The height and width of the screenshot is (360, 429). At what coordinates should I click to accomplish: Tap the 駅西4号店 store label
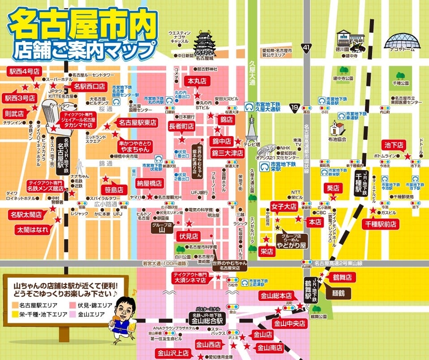coord(23,71)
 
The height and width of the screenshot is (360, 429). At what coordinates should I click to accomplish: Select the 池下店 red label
coord(394,145)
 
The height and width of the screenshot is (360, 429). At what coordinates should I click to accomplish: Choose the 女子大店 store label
coord(284,207)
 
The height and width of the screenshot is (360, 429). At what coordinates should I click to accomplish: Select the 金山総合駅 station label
coord(207,318)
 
